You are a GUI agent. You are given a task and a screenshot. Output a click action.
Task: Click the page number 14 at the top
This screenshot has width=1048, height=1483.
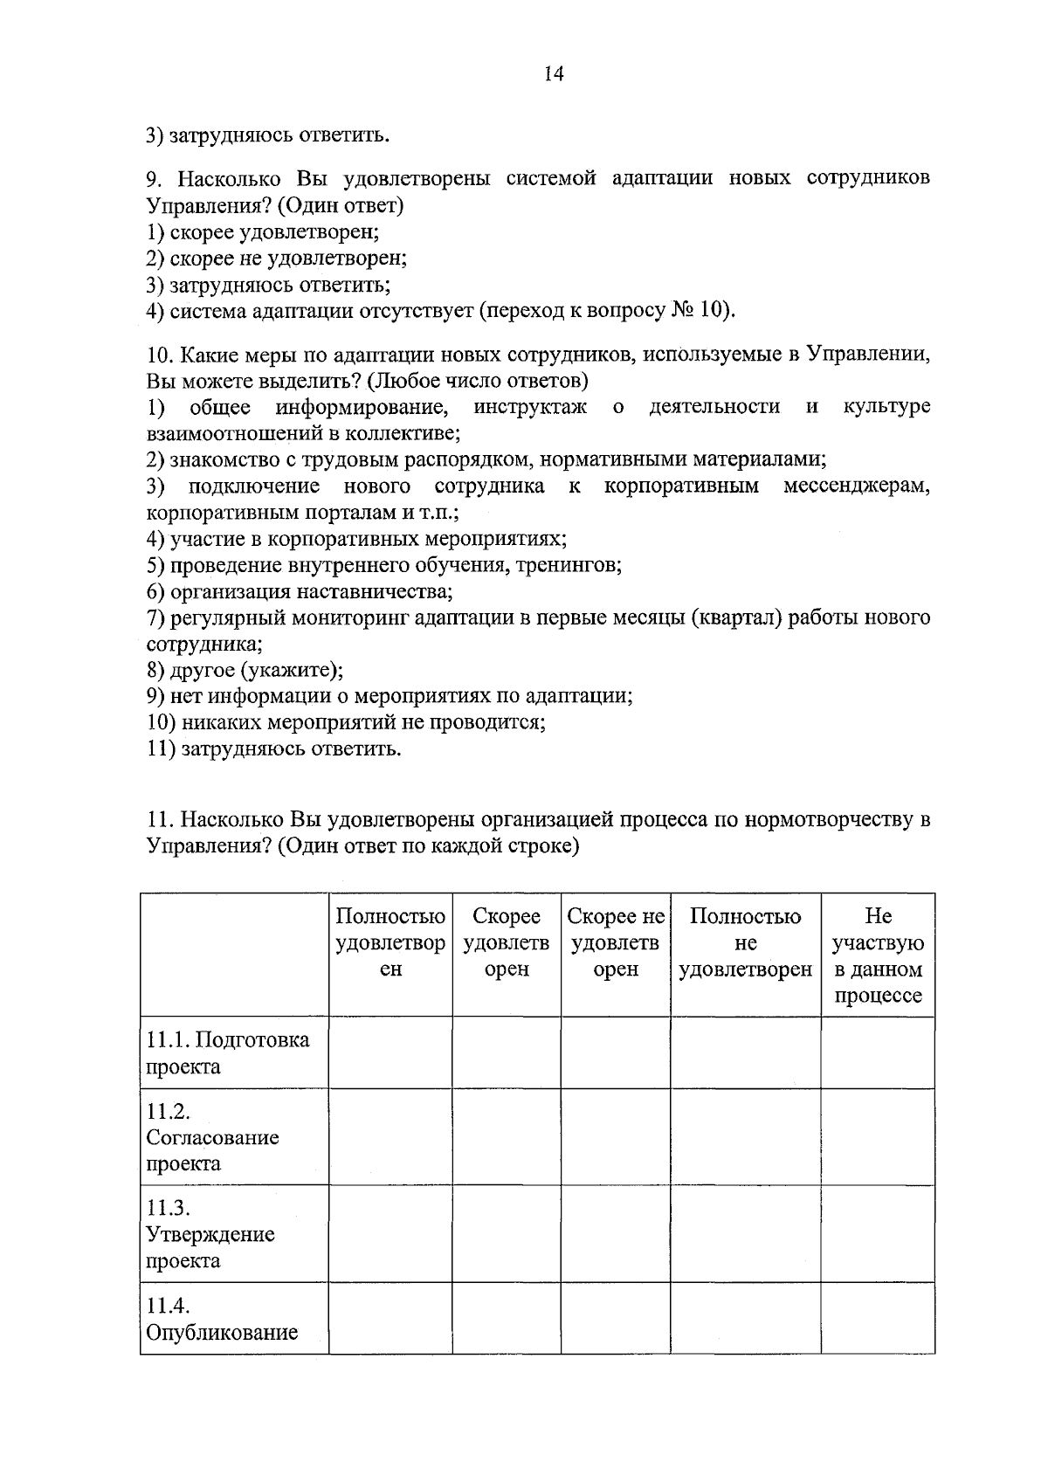point(554,73)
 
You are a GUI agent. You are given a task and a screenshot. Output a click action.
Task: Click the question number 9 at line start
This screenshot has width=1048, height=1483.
point(153,179)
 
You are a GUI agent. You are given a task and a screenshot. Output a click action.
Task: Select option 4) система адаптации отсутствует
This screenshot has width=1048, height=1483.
point(441,311)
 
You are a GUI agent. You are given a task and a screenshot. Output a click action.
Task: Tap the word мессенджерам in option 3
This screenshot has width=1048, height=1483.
point(856,486)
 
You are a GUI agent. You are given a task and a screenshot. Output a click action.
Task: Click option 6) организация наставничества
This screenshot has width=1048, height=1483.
point(299,592)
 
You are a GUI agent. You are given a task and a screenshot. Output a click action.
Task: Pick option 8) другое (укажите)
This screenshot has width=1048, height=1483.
point(245,671)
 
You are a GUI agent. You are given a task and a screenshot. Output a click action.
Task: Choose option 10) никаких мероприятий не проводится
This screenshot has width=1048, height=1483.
point(346,723)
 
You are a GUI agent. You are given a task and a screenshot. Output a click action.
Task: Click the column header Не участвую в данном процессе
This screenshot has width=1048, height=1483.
point(877,955)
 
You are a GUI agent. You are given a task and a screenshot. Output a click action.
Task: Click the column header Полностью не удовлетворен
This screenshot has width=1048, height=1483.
point(745,942)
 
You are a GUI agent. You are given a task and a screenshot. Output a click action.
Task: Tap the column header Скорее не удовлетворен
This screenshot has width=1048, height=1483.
point(615,942)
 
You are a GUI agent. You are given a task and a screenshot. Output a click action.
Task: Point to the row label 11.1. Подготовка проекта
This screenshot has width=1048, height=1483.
point(227,1053)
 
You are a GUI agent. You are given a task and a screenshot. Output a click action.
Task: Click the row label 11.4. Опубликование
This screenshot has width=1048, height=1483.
point(221,1320)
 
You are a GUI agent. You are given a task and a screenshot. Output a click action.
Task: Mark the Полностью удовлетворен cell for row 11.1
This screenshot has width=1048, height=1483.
point(390,1052)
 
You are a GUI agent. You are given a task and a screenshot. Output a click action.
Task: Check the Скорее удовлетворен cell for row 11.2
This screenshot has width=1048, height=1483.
point(507,1136)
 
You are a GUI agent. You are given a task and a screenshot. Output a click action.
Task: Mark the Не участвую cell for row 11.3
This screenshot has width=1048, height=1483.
point(877,1233)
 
